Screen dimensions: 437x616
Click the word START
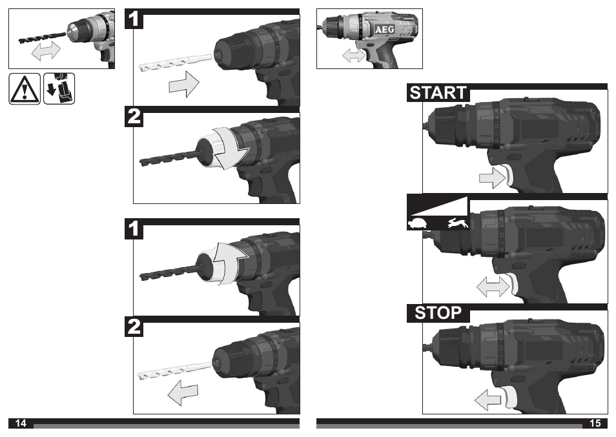tap(438, 93)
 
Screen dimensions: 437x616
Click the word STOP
tap(438, 313)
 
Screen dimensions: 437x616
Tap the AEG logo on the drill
tap(385, 30)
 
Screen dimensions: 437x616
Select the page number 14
tap(21, 423)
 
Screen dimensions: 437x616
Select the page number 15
tap(595, 423)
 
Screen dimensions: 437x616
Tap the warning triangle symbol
tap(25, 89)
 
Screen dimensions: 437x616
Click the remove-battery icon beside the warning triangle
tap(59, 89)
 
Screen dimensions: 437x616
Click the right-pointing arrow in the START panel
tap(491, 177)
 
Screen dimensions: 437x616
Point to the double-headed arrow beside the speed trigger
tap(492, 287)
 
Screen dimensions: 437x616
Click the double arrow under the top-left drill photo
tap(45, 50)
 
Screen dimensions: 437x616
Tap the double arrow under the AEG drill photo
tap(353, 56)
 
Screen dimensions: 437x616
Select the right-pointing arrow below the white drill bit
tap(183, 85)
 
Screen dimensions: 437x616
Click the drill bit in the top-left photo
tap(41, 35)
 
